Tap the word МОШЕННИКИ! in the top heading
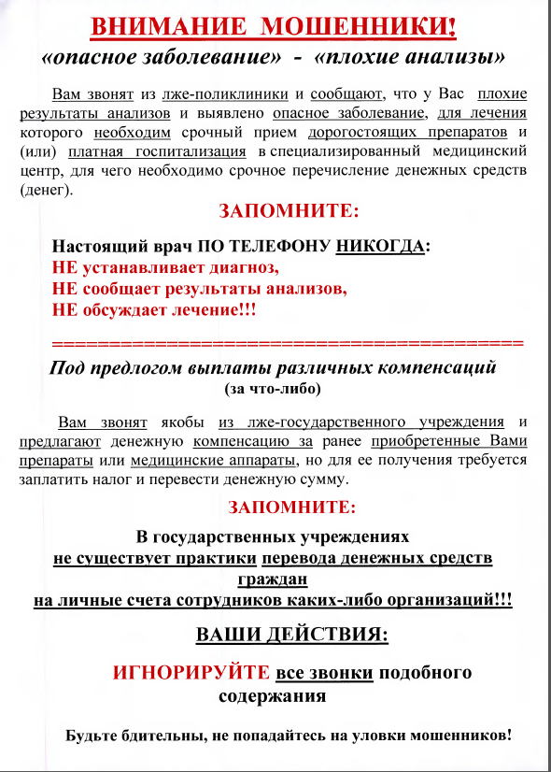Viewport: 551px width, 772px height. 369,25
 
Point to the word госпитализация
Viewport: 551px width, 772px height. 192,151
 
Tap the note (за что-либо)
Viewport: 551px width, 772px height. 274,387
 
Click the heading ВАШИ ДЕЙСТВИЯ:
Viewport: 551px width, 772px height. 291,636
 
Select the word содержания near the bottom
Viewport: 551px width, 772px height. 272,696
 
